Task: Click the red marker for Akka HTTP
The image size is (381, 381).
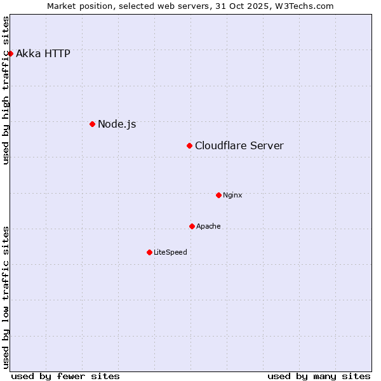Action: (10, 53)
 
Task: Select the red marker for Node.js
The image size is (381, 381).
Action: (92, 124)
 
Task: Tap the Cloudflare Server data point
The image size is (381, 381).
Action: (189, 146)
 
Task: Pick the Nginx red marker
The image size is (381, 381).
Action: (218, 195)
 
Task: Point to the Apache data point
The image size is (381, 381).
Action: (192, 226)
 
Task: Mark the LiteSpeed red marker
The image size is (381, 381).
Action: (149, 252)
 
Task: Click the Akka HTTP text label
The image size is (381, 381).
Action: (43, 53)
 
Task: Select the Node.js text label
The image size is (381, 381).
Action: (117, 124)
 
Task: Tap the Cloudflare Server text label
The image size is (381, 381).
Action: (239, 146)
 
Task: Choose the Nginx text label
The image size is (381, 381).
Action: (232, 195)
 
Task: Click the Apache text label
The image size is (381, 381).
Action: (208, 226)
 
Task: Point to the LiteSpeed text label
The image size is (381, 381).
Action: (170, 252)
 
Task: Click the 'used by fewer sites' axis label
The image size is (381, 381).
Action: (65, 376)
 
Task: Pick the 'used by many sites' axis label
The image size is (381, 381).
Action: (319, 376)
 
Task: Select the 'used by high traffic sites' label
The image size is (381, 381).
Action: (6, 90)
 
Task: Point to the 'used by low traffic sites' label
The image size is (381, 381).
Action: (6, 297)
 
